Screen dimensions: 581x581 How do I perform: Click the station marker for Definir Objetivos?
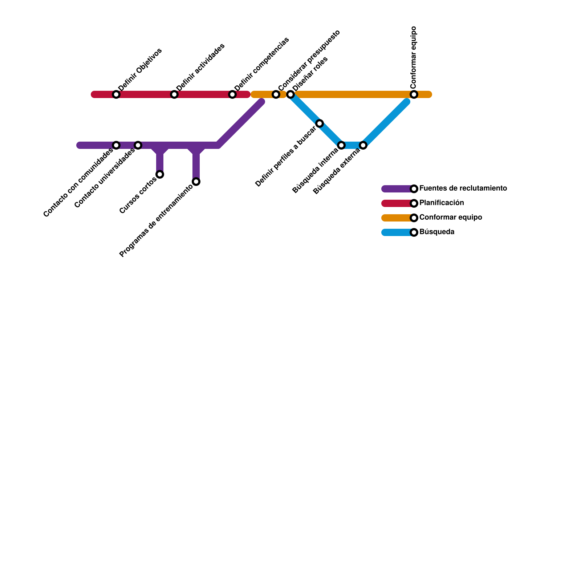(x=116, y=95)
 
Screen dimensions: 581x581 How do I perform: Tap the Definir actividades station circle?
(x=174, y=95)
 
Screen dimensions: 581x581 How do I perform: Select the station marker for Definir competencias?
(x=232, y=95)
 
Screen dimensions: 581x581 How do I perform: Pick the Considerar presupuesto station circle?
(x=276, y=95)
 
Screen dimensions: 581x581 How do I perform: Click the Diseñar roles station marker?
(x=290, y=95)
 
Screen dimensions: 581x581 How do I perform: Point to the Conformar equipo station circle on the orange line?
(x=414, y=95)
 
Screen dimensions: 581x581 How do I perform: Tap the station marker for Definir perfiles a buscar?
(x=320, y=123)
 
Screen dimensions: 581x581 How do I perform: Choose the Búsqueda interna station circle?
(x=341, y=146)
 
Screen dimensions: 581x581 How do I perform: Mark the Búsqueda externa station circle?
(x=363, y=146)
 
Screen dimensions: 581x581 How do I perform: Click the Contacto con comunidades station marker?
(x=116, y=146)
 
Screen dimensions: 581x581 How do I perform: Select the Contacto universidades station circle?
(x=138, y=146)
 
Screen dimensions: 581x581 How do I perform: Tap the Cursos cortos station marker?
(x=160, y=175)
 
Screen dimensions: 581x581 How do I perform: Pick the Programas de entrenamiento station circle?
(x=196, y=182)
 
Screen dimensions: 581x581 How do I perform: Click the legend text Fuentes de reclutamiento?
(x=463, y=188)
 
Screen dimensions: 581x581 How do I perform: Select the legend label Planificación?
(x=442, y=203)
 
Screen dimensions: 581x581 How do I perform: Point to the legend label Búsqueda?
(x=437, y=232)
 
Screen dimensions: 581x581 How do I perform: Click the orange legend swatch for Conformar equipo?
(x=396, y=218)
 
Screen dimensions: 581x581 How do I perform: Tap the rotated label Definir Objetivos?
(x=140, y=69)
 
